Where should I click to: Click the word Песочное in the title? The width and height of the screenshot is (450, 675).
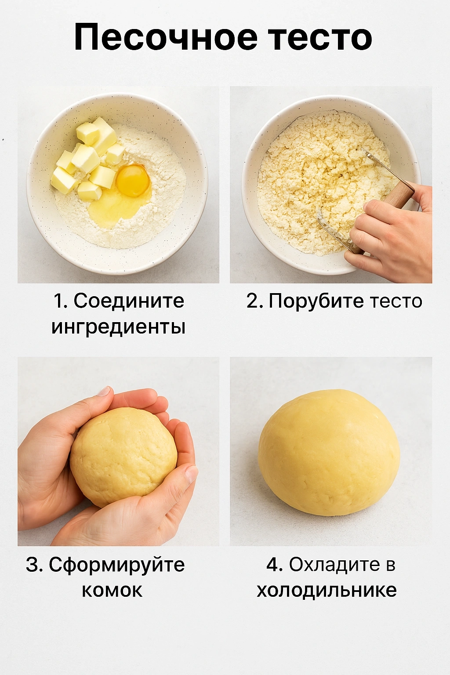click(166, 37)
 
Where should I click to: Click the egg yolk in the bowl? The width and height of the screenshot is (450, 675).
click(133, 181)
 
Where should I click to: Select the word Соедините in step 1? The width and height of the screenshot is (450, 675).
click(129, 301)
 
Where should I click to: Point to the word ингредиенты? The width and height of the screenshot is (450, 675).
click(118, 327)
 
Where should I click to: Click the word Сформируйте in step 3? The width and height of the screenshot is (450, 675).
click(117, 565)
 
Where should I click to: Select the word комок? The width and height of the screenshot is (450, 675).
click(112, 590)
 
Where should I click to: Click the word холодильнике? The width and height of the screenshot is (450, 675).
click(327, 590)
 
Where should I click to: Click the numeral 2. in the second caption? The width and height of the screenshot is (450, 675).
click(254, 301)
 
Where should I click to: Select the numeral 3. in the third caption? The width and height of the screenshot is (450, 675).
click(34, 565)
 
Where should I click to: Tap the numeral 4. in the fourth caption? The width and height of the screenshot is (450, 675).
click(274, 565)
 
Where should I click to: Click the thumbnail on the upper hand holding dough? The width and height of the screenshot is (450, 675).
click(104, 392)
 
